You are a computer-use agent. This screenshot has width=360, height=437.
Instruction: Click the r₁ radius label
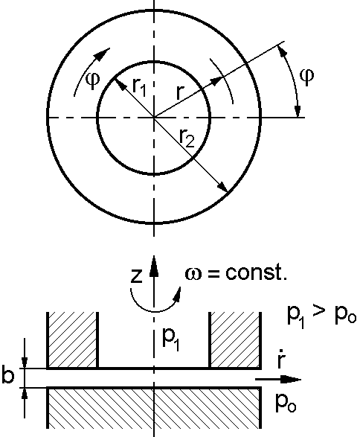(x=139, y=86)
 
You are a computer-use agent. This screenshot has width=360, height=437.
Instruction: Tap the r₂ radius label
(x=187, y=138)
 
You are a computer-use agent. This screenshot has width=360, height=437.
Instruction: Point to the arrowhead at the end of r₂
(x=222, y=187)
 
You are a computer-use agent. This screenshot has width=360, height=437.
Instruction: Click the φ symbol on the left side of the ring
(x=93, y=80)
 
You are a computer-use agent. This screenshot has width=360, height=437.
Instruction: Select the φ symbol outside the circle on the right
(x=307, y=77)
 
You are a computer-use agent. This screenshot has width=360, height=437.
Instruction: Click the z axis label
(x=136, y=276)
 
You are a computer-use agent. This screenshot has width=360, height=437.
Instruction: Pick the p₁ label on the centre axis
(x=170, y=339)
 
